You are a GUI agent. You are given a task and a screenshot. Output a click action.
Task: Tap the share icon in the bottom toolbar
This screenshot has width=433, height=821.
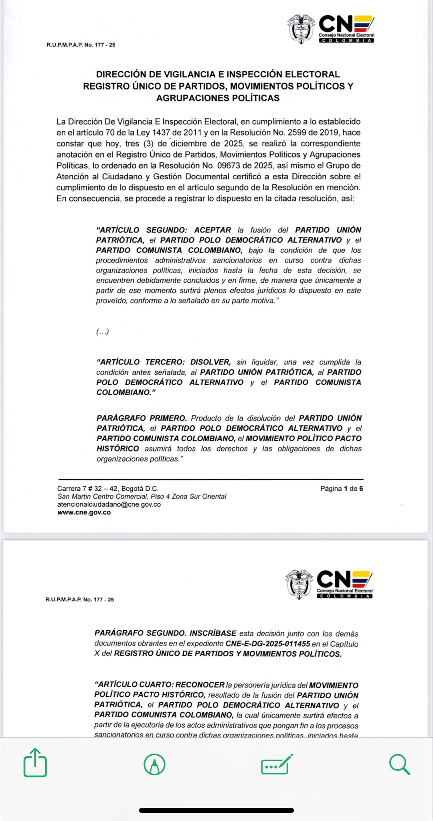tap(35, 762)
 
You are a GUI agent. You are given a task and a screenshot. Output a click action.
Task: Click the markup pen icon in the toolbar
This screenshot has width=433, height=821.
tap(154, 764)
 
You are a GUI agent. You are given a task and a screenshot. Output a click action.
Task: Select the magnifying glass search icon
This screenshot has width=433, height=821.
tap(399, 764)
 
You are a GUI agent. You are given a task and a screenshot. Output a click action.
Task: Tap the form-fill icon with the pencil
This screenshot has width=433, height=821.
tap(277, 764)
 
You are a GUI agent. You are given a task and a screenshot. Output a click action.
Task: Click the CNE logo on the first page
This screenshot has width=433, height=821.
tap(346, 28)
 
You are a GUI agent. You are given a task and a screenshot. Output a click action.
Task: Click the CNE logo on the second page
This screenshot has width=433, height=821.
tap(344, 584)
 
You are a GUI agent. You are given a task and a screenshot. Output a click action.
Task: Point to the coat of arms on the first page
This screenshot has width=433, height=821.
tap(301, 29)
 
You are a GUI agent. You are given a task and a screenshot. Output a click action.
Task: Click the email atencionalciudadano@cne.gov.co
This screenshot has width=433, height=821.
tap(109, 504)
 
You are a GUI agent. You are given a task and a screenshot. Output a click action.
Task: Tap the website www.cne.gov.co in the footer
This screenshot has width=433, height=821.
tap(84, 512)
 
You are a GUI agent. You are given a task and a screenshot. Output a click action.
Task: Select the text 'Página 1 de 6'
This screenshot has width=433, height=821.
tap(342, 488)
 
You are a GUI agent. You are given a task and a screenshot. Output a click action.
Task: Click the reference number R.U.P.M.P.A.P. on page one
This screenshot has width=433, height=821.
tap(81, 45)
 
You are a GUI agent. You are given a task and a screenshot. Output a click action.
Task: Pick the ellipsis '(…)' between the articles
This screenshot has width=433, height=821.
tap(102, 332)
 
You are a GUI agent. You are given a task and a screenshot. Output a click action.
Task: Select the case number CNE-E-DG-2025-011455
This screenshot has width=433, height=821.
tap(268, 644)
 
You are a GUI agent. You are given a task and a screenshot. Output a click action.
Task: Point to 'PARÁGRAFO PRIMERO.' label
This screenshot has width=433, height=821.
tap(142, 418)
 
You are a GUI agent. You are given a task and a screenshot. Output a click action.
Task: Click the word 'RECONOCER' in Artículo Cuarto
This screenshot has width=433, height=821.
tap(200, 685)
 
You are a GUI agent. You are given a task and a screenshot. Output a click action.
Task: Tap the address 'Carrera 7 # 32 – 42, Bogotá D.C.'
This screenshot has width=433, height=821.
tap(108, 488)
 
